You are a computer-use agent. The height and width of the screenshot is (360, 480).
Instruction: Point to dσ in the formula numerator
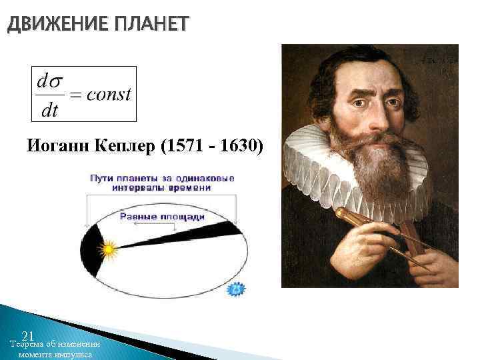(50, 82)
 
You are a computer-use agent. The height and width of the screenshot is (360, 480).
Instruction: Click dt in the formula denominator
(49, 110)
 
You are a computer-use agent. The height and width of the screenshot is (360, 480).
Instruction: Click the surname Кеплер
(123, 146)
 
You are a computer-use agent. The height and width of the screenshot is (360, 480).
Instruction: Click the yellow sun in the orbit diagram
(107, 250)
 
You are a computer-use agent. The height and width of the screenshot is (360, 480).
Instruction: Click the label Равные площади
(162, 217)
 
